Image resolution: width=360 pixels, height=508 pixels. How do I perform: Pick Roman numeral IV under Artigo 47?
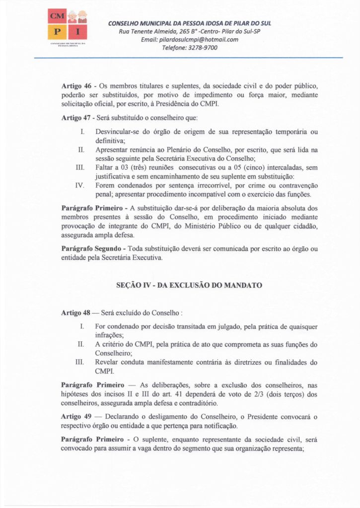pyautogui.click(x=79, y=185)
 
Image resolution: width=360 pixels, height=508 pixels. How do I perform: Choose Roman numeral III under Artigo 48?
pyautogui.click(x=79, y=362)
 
